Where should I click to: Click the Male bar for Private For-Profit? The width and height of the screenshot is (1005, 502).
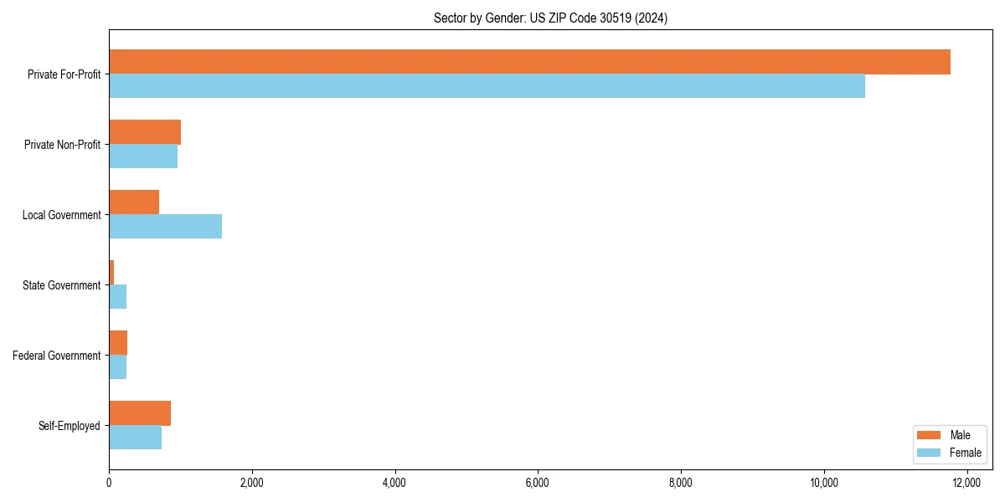tap(529, 62)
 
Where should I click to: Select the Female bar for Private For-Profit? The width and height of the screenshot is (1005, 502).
tap(487, 86)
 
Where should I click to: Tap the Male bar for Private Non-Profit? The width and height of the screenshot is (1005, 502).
tap(145, 132)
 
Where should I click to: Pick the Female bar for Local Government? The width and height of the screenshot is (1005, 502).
tap(165, 227)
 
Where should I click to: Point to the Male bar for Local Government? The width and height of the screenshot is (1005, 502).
tap(134, 202)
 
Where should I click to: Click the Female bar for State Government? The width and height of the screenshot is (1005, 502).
tap(117, 297)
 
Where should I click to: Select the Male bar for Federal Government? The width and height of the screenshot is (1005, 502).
tap(118, 343)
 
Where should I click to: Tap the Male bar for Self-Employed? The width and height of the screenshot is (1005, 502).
tap(140, 413)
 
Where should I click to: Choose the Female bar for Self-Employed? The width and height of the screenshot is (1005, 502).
tap(135, 438)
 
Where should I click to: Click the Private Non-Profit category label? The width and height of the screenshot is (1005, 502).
tap(62, 145)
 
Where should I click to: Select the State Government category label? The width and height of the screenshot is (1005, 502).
tap(61, 285)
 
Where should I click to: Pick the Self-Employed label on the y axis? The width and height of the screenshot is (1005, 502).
tap(69, 426)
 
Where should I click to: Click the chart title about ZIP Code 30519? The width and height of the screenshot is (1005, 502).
tap(550, 18)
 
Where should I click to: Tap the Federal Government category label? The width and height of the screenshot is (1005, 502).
tap(57, 356)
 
